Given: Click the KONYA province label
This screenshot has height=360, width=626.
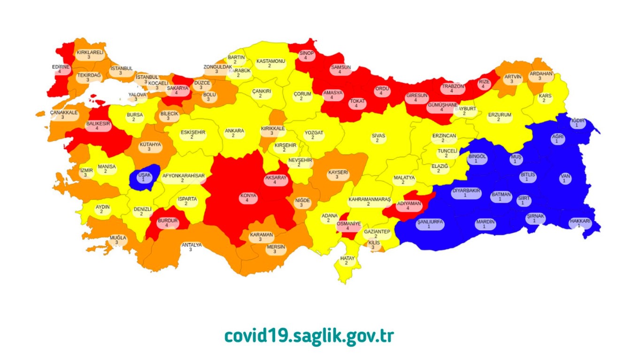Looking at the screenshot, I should tap(247, 198).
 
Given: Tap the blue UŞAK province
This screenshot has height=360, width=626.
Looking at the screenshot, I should tap(143, 176).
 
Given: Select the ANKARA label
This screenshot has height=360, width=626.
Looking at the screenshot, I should tap(234, 133).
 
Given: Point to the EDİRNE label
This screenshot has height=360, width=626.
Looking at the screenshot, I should tap(61, 69).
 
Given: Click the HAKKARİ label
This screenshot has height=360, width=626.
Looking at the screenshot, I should tap(580, 223).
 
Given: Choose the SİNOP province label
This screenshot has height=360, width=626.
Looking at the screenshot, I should tap(307, 56).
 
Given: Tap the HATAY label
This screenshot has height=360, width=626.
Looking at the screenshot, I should tap(347, 260).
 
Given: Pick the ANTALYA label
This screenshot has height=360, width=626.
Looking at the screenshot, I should tap(191, 247).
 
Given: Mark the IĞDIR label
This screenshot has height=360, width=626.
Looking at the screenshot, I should tap(577, 123).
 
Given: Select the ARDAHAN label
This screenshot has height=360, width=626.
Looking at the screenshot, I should tap(541, 76).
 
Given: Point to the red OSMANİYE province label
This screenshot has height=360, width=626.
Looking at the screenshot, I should tap(348, 226).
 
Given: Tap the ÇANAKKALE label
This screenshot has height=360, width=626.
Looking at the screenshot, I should tap(63, 115).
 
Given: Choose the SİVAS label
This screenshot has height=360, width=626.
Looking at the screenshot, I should tap(378, 138).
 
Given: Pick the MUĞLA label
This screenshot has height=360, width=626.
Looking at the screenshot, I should tap(118, 240).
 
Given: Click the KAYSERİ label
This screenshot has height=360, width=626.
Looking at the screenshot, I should tap(338, 175).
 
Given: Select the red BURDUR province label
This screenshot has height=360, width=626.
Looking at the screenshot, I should tap(167, 222).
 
